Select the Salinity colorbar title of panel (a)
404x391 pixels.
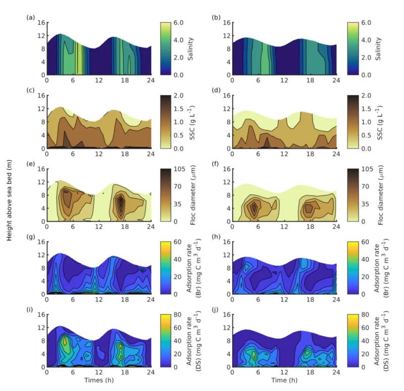click(x=189, y=48)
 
